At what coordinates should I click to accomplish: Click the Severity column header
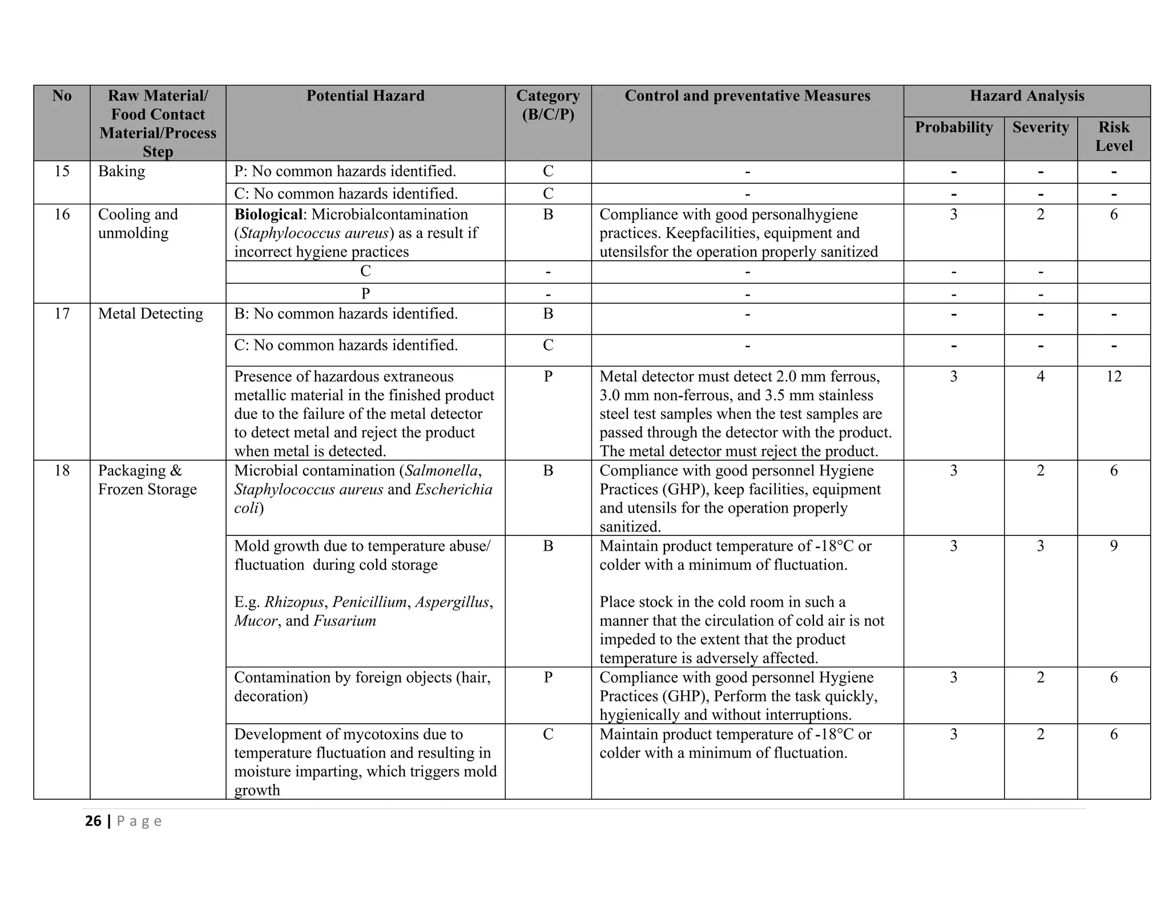tap(1040, 127)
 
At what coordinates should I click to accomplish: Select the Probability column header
tap(953, 127)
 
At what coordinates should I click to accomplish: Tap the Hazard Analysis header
tap(1026, 96)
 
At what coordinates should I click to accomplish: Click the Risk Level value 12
tap(1113, 377)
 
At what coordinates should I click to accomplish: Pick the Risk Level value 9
tap(1113, 546)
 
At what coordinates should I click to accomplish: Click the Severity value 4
tap(1040, 377)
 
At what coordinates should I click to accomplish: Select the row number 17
tap(62, 314)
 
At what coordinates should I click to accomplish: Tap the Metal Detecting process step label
tap(150, 314)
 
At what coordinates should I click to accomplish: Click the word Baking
tap(122, 171)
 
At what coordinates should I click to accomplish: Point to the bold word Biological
tap(268, 215)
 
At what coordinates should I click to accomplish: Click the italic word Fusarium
tap(345, 621)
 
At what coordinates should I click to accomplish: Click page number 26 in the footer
tap(93, 821)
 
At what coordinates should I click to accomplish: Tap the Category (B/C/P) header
tap(547, 105)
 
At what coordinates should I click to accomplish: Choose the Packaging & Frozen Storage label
tap(147, 480)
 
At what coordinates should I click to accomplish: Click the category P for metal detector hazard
tap(547, 377)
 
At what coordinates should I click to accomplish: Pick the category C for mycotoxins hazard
tap(547, 735)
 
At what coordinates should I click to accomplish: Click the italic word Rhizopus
tap(293, 602)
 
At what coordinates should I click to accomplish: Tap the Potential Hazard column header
tap(365, 96)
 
